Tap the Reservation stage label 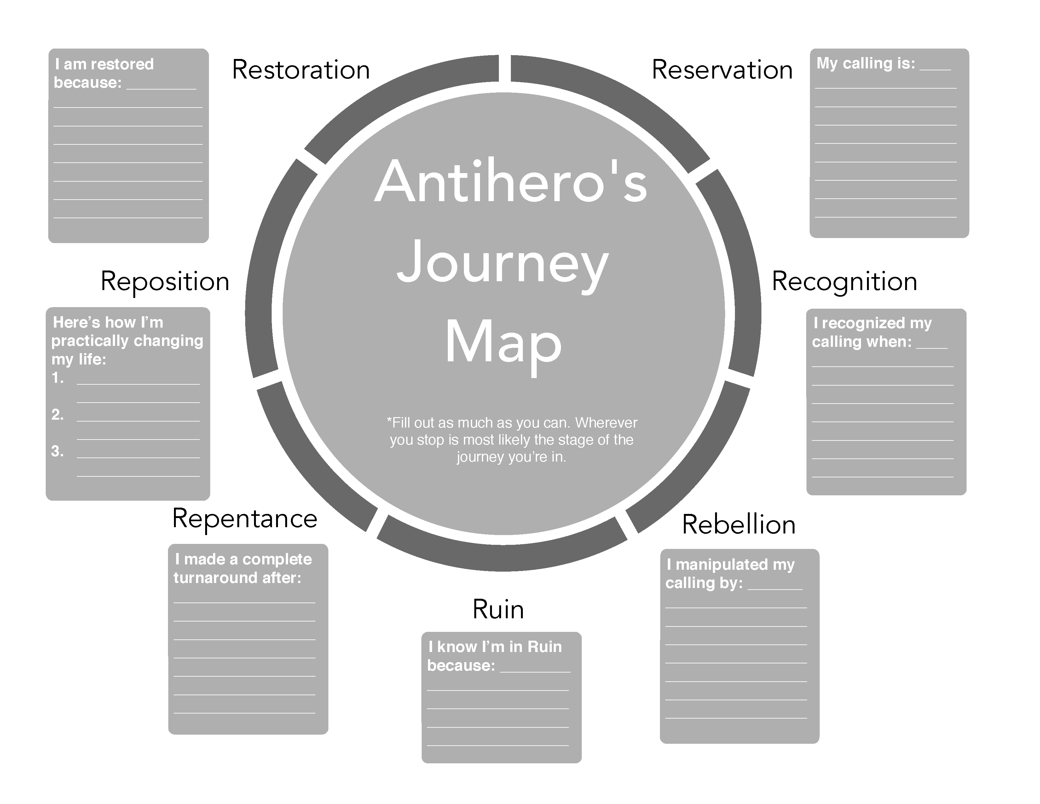pos(722,70)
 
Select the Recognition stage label pos(844,282)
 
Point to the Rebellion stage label pos(739,525)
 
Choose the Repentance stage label pos(244,519)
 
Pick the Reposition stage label pos(165,282)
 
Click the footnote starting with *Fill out pos(511,440)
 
